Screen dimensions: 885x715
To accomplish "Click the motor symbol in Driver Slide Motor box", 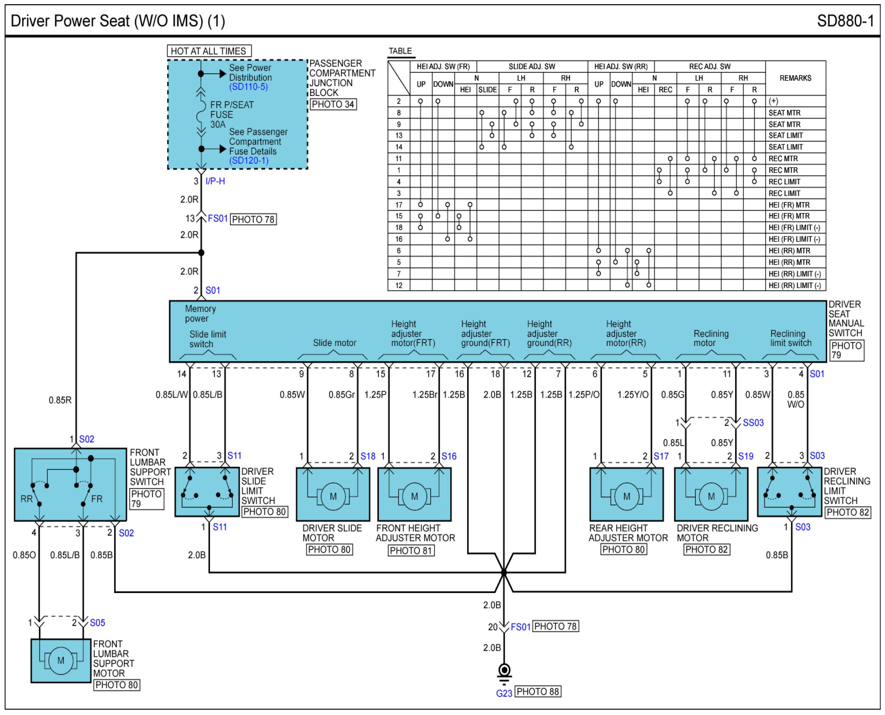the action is [333, 496].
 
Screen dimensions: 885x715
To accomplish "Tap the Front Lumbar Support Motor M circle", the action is [60, 661].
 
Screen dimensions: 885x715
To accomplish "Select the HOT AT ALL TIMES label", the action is [209, 51].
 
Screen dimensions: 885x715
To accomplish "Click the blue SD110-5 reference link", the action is [248, 87].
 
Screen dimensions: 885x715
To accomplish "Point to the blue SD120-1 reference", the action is [249, 161].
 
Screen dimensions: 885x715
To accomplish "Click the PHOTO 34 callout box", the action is [333, 104].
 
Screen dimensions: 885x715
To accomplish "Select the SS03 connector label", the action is [753, 423].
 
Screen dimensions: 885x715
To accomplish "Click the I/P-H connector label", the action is [215, 181].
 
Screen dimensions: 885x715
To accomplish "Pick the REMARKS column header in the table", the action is [795, 78].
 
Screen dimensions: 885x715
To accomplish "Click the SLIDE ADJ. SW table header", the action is [532, 66].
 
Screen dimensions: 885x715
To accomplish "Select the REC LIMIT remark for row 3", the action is [784, 193].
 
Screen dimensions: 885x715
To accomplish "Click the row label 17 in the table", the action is [398, 205].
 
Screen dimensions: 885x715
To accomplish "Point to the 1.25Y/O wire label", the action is [633, 395].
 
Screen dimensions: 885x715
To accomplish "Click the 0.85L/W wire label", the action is [172, 395].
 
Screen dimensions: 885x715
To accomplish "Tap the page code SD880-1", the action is [845, 21].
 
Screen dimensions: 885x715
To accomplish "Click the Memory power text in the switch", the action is [200, 313].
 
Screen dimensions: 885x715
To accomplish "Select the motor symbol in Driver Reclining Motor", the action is [711, 496].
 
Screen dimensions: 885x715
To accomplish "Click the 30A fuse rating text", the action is [218, 124].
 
